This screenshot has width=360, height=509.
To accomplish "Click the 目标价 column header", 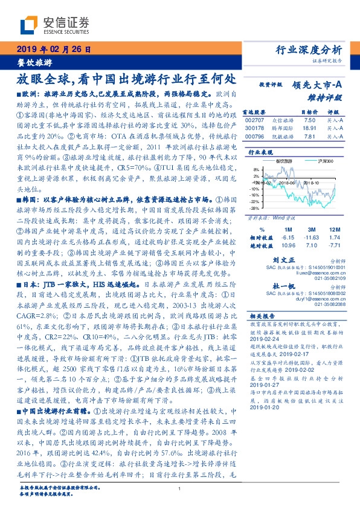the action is point(292,112).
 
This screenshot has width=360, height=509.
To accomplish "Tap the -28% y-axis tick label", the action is point(254,207).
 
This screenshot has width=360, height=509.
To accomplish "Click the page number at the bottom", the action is point(180,490).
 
